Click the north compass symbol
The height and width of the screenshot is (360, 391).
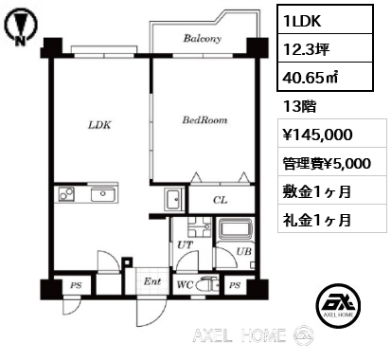coord(20,27)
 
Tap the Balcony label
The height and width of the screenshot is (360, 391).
coord(203,38)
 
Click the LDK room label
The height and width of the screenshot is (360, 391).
coord(99,125)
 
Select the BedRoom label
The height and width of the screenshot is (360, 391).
coord(204,120)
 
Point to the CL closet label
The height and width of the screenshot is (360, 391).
coord(220,200)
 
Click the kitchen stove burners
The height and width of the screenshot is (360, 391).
coord(66,193)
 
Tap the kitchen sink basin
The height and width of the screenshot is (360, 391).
coord(103,194)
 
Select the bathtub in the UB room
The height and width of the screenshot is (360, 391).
coord(235,229)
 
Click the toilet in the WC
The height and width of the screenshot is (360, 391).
coord(206,285)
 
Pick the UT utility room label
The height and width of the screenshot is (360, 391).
coord(185,244)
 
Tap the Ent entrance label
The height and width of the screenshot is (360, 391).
coord(152,281)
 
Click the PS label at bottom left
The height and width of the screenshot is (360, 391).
coord(76,285)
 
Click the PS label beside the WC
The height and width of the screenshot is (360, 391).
coord(235,285)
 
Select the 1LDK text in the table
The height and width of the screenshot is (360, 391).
coord(302,21)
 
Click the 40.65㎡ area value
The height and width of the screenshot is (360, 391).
coord(311,78)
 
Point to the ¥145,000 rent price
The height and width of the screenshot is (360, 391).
coord(318,135)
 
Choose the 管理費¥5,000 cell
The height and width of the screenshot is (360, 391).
coord(327,164)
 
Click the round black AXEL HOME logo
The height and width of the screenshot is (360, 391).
coord(338,305)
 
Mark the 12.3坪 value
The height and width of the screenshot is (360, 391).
coord(307,49)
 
